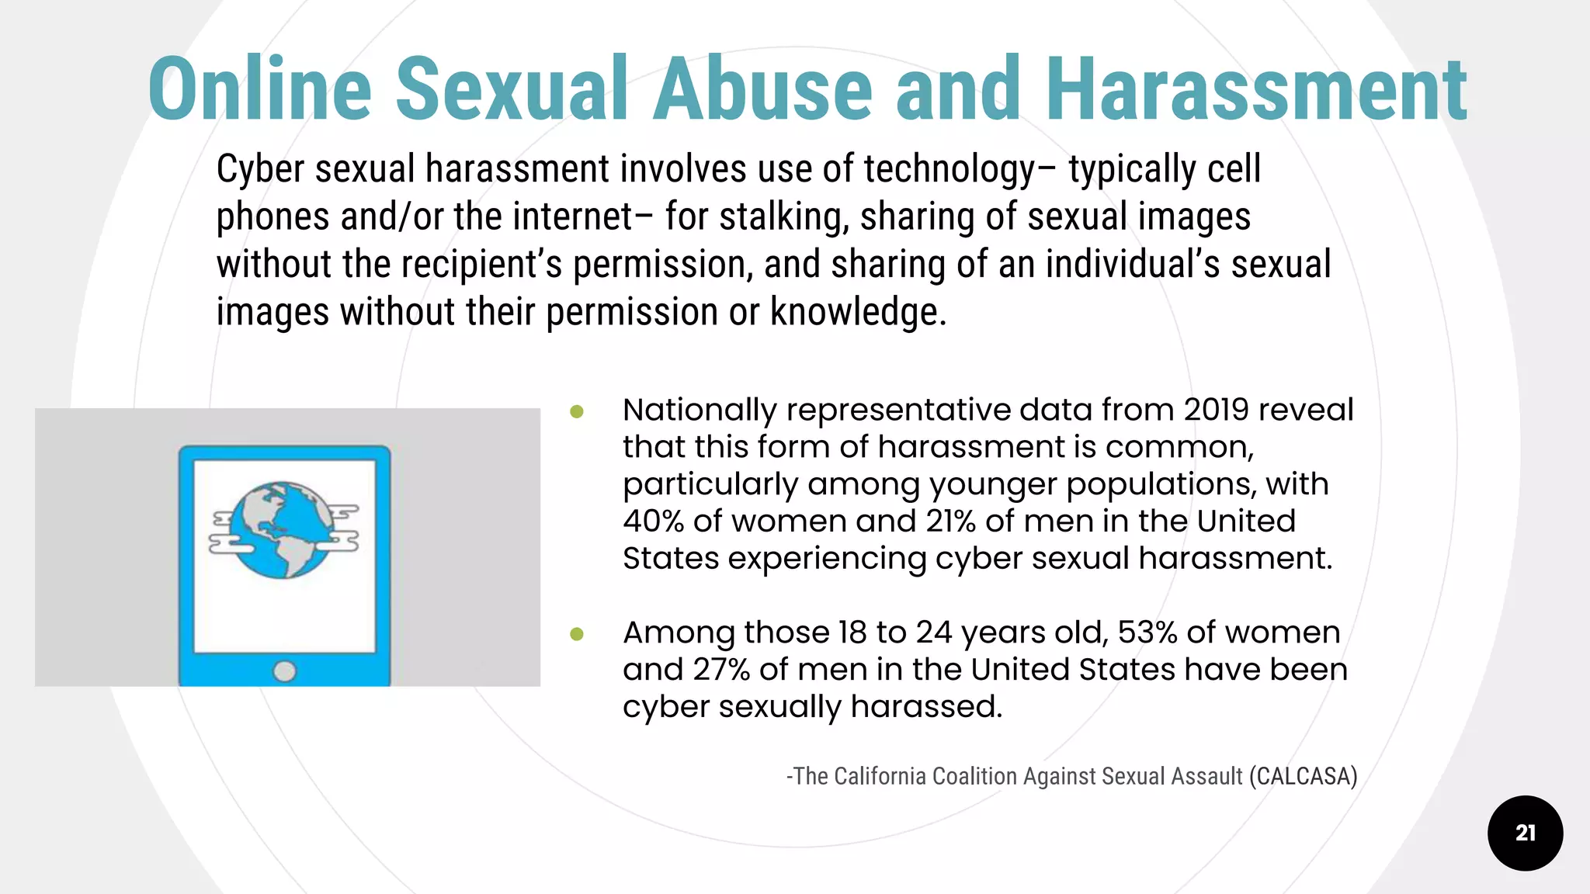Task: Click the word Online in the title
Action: click(x=260, y=89)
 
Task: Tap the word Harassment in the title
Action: click(x=1255, y=89)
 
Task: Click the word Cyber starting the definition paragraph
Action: click(x=259, y=169)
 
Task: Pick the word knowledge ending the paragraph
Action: click(x=857, y=312)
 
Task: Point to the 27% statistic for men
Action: click(x=721, y=670)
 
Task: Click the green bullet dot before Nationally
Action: click(x=577, y=411)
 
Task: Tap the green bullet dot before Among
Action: click(x=577, y=634)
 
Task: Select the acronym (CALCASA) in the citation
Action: click(x=1303, y=776)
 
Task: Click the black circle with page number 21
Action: click(x=1525, y=833)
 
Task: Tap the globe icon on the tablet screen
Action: click(x=284, y=530)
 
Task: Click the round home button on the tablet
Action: click(x=284, y=671)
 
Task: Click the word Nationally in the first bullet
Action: click(x=700, y=410)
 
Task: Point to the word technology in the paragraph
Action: click(x=949, y=169)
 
